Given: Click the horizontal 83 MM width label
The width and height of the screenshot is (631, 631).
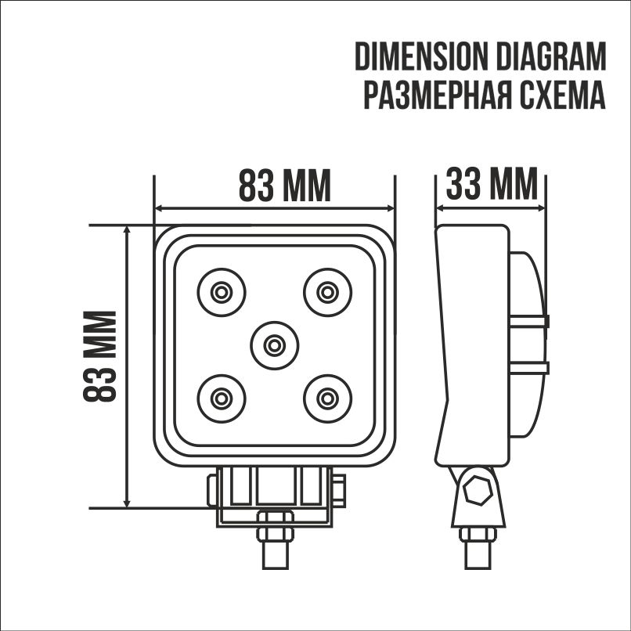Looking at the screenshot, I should [284, 186].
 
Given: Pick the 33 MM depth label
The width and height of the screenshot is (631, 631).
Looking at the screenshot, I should [492, 186].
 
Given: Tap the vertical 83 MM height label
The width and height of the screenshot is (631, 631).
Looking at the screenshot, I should [101, 356].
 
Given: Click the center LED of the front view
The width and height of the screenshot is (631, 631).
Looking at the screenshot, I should [274, 344].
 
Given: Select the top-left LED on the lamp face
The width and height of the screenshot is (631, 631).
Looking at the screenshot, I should [221, 292].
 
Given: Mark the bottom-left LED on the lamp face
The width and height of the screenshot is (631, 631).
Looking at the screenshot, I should [221, 398].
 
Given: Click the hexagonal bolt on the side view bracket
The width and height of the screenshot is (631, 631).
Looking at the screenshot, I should [477, 492].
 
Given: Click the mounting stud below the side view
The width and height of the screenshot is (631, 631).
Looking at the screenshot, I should [478, 548].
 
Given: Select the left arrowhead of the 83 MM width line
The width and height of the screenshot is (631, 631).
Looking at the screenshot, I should [160, 209].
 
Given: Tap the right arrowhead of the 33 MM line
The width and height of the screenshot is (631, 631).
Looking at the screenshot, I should [541, 209].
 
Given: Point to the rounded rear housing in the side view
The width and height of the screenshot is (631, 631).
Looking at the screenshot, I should [526, 344].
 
